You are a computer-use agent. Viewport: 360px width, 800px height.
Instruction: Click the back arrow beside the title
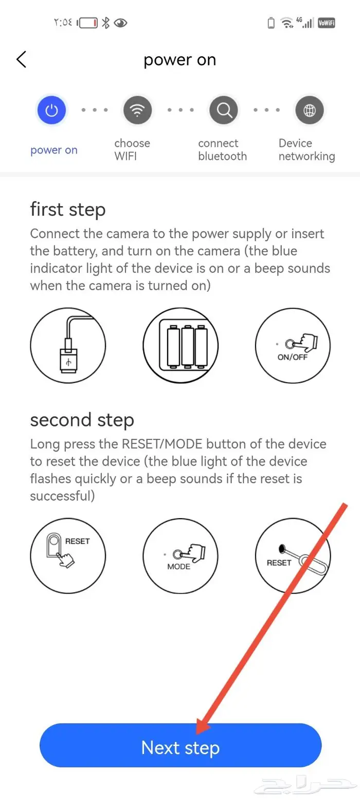(x=22, y=59)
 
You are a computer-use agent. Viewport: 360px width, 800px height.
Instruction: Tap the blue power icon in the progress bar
(x=52, y=110)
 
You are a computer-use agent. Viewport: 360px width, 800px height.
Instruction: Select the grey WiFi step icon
(x=137, y=110)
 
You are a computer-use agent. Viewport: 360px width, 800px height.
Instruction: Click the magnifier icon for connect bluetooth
(x=224, y=110)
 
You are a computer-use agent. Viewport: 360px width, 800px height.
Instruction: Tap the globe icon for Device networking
(x=310, y=110)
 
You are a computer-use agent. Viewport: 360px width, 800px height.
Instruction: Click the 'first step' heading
(x=68, y=209)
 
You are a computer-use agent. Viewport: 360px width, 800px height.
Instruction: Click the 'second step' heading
(x=82, y=420)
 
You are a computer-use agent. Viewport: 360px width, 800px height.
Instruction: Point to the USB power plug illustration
(x=68, y=345)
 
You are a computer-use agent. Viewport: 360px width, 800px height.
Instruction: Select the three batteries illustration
(x=181, y=345)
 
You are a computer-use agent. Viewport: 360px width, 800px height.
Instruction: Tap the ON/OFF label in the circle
(x=293, y=357)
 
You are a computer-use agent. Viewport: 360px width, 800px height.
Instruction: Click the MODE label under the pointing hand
(x=178, y=566)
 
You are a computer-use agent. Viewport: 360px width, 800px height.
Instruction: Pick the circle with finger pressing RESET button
(x=68, y=556)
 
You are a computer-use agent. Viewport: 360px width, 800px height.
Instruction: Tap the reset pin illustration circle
(x=293, y=556)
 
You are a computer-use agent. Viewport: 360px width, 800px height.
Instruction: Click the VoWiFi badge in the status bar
(x=327, y=23)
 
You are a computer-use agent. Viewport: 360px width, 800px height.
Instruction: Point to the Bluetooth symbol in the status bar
(x=105, y=23)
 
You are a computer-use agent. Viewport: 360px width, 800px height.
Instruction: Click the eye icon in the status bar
(x=120, y=23)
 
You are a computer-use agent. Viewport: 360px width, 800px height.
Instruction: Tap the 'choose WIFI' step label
(x=132, y=150)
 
